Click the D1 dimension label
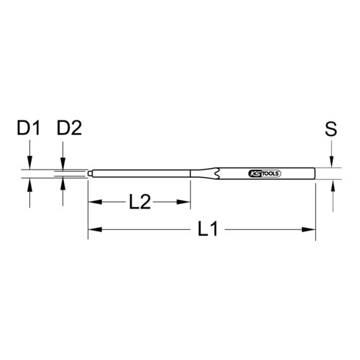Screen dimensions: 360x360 tap(29, 129)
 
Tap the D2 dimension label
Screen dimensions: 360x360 tap(68, 129)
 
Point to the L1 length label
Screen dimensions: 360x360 tap(208, 231)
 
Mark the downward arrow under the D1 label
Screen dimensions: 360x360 tap(29, 165)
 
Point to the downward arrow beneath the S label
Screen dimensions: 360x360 tap(332, 164)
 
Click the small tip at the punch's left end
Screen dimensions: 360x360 tap(90, 175)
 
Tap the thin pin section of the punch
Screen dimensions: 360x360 tap(140, 175)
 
